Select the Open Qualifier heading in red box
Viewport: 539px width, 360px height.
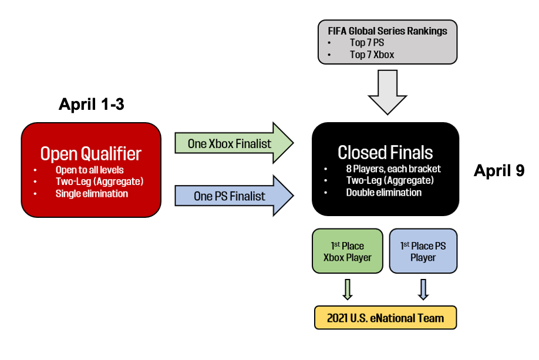coord(91,154)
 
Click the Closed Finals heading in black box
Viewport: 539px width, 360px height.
coord(385,153)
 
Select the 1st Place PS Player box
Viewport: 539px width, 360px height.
coord(423,251)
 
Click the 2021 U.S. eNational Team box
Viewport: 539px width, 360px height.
coord(385,318)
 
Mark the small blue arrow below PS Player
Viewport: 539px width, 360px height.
coord(423,289)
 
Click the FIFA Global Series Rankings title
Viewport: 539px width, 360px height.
coord(387,30)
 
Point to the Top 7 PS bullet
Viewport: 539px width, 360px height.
coord(367,42)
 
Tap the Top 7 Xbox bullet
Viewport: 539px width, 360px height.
coord(372,55)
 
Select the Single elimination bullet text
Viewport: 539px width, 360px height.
coord(92,194)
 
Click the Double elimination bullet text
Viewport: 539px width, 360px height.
coord(383,193)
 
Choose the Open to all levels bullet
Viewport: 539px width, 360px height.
coord(90,170)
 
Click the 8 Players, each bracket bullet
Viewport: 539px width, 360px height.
coord(393,169)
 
